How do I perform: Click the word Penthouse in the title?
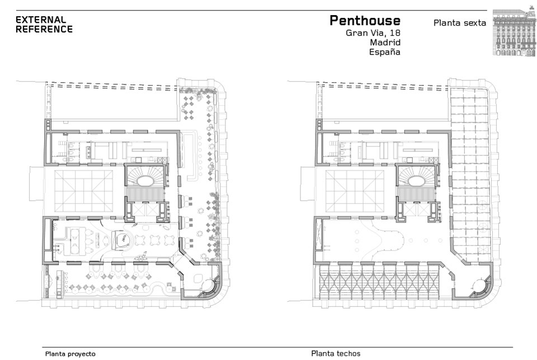[x=365, y=21]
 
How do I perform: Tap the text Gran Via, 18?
[x=373, y=33]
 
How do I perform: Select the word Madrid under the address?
[x=385, y=42]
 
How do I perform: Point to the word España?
[x=385, y=52]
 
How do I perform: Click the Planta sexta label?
[x=460, y=23]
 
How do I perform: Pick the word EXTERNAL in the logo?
[x=41, y=20]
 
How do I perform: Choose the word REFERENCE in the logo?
[x=44, y=29]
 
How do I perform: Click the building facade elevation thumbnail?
[x=514, y=33]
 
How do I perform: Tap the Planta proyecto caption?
[x=70, y=354]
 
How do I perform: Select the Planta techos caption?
[x=336, y=353]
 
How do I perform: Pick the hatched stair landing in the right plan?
[x=415, y=195]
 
